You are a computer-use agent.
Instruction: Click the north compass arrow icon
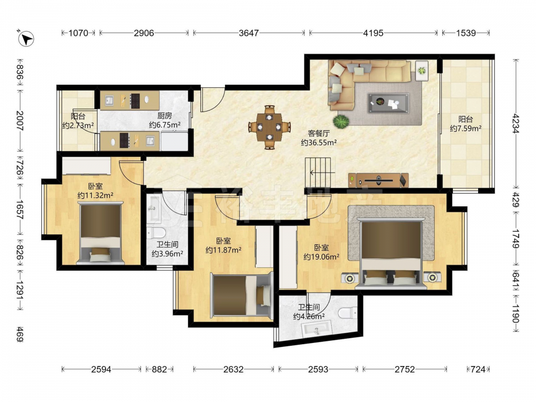26,39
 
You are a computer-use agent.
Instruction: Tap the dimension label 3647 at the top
249,33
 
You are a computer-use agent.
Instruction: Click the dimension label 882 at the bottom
159,369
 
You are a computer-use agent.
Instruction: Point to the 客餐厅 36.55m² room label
318,138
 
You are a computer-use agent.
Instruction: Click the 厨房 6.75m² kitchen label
165,120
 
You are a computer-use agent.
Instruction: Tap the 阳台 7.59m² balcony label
466,124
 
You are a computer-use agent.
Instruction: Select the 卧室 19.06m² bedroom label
321,252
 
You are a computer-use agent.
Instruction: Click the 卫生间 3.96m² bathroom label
167,249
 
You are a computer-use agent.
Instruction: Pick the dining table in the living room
270,127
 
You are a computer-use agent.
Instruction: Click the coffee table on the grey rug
388,103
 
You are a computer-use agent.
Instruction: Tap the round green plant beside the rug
341,121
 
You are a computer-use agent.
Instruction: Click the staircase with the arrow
318,172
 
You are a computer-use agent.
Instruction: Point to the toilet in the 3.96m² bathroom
156,233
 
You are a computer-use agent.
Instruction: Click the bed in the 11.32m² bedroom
101,233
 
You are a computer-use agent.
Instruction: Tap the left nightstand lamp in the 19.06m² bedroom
349,278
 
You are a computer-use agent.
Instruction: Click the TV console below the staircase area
378,180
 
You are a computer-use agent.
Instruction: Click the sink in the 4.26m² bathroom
317,329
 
